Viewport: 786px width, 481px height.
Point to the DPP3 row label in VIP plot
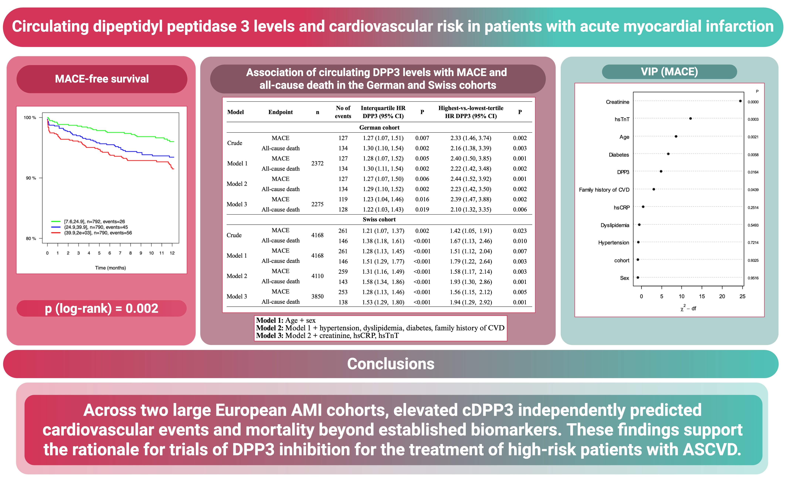(623, 172)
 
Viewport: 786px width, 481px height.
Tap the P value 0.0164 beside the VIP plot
(753, 172)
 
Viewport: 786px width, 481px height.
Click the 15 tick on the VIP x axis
(702, 296)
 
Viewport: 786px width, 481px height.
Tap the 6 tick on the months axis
(110, 253)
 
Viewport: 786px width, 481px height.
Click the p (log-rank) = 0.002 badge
(101, 309)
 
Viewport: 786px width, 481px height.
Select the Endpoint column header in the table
(280, 112)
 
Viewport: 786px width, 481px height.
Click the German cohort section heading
(379, 128)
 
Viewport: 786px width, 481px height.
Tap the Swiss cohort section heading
(379, 219)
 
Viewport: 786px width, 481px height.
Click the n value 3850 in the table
(317, 296)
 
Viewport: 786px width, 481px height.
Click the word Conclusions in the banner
(391, 364)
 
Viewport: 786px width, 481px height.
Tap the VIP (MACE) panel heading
(669, 72)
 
